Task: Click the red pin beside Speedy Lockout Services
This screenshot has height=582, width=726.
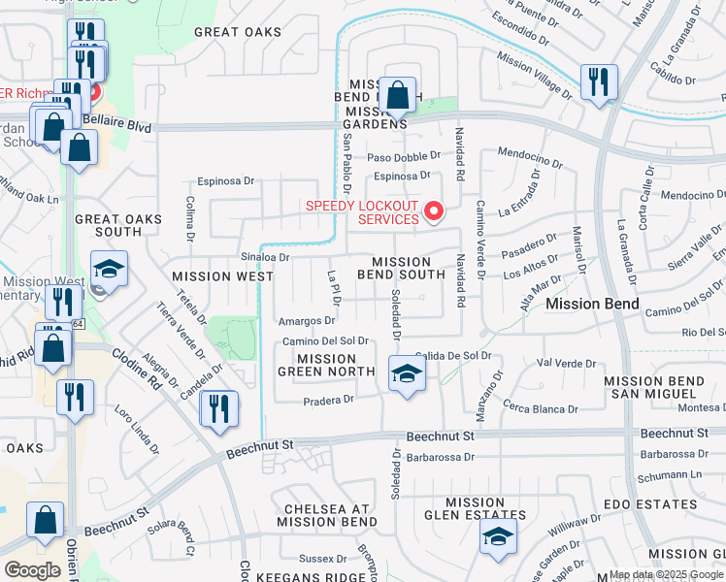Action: pyautogui.click(x=434, y=210)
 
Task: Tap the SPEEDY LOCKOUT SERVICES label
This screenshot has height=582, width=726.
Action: pyautogui.click(x=361, y=212)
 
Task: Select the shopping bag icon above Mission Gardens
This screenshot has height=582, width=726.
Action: pyautogui.click(x=397, y=96)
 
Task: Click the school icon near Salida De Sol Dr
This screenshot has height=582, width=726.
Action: pyautogui.click(x=407, y=374)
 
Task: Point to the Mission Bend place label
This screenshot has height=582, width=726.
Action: pyautogui.click(x=591, y=305)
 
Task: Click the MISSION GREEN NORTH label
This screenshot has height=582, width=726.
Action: pyautogui.click(x=326, y=365)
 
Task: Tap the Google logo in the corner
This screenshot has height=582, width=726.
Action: pyautogui.click(x=32, y=569)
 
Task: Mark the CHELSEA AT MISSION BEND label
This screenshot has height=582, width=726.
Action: pyautogui.click(x=326, y=515)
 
